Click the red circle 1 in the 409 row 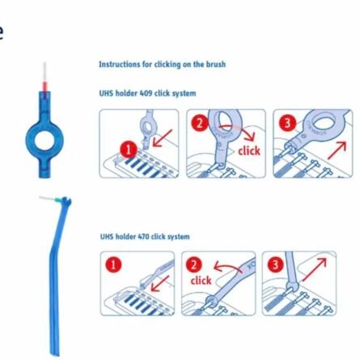129,150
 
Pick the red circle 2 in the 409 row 200,123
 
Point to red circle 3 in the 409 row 287,123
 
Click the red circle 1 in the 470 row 113,265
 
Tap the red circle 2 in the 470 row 194,265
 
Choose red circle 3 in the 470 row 275,265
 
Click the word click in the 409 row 249,150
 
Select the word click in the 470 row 201,281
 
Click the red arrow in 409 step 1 162,138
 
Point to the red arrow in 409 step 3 337,150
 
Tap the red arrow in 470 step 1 160,284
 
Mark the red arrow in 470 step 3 315,269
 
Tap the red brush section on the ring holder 45,87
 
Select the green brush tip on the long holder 57,200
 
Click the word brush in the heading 216,65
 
